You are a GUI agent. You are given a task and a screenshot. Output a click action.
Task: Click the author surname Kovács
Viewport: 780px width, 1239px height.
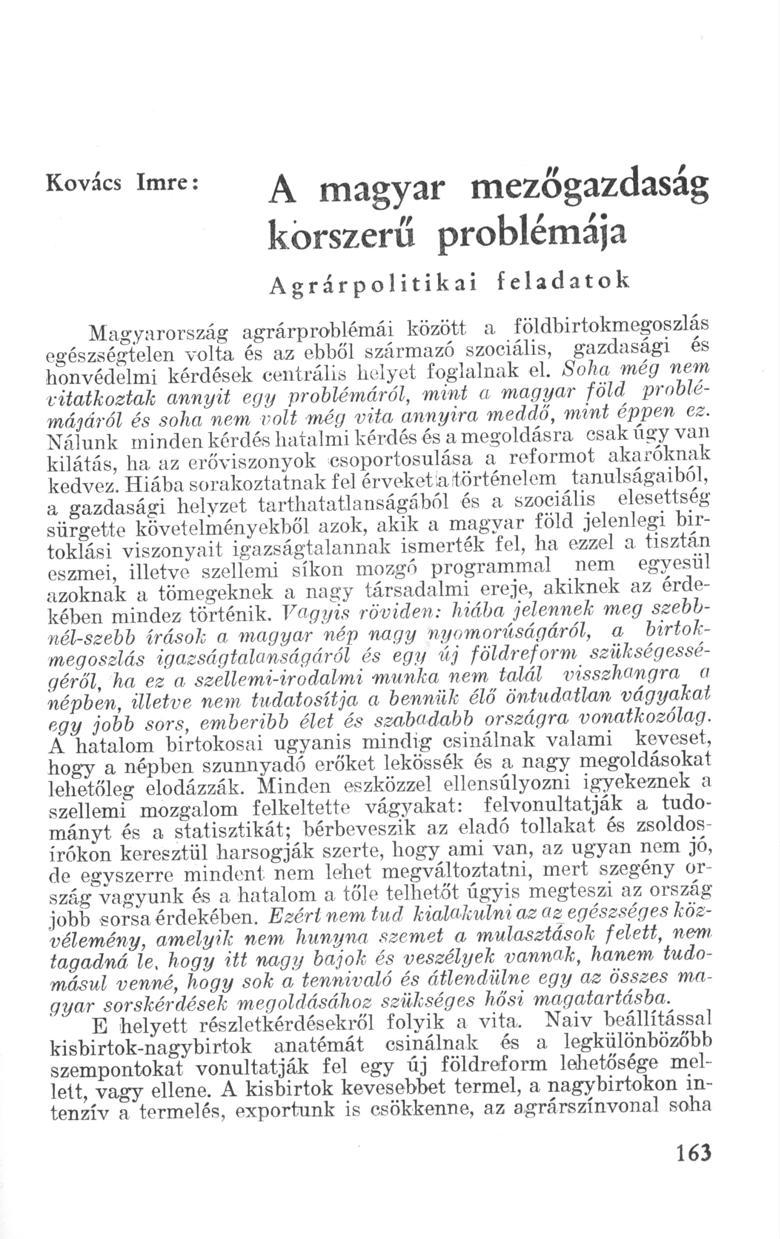click(84, 184)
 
